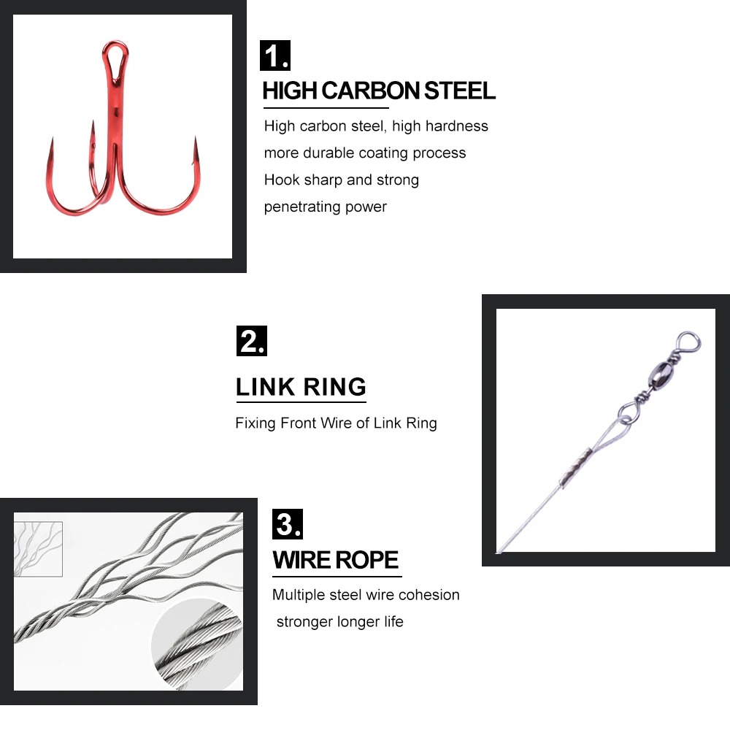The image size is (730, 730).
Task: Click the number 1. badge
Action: pyautogui.click(x=275, y=56)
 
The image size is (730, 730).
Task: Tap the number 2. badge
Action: pyautogui.click(x=252, y=342)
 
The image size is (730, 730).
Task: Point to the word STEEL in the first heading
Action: pyautogui.click(x=460, y=91)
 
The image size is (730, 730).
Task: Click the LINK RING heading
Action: pyautogui.click(x=301, y=387)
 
